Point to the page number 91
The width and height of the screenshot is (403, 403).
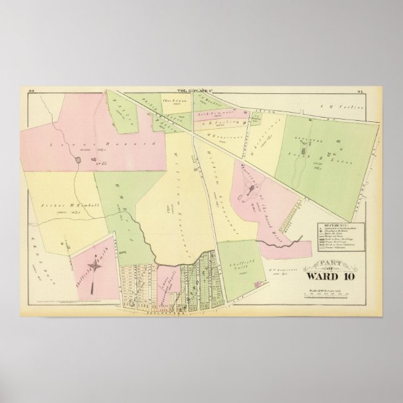point(377,91)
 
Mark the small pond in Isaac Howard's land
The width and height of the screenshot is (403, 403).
point(77,161)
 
